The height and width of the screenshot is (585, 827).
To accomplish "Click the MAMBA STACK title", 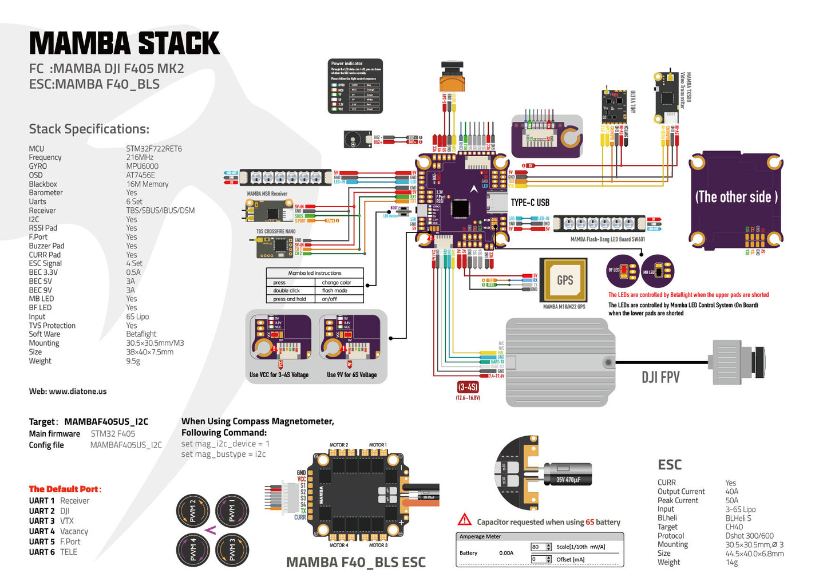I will coord(124,44).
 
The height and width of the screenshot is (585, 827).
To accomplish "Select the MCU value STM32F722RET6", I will coord(154,148).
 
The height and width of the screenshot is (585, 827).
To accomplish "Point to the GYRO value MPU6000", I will coord(142,166).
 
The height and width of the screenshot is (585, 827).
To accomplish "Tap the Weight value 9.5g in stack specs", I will coord(133,361).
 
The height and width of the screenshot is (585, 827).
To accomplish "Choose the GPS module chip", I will coord(564,280).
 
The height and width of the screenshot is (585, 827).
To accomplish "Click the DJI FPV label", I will coord(660,377).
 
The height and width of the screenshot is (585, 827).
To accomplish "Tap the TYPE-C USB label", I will coord(530,203).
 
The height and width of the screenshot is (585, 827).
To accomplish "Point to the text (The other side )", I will coord(736,197).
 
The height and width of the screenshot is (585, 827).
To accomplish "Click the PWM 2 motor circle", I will coord(193,511).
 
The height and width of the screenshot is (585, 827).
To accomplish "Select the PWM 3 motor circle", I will coord(232,550).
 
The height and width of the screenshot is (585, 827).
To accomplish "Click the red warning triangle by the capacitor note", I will coord(464,520).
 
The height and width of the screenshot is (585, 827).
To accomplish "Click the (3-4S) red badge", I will coord(468,387).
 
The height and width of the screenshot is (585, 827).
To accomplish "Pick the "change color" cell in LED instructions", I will coord(337,283).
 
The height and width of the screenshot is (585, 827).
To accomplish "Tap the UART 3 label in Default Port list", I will coord(42,521).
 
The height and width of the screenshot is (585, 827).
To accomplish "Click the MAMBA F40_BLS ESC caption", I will coord(355,563).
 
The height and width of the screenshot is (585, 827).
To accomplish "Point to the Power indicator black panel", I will coord(355,86).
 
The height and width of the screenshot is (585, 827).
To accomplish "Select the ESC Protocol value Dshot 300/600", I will coord(749,536).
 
